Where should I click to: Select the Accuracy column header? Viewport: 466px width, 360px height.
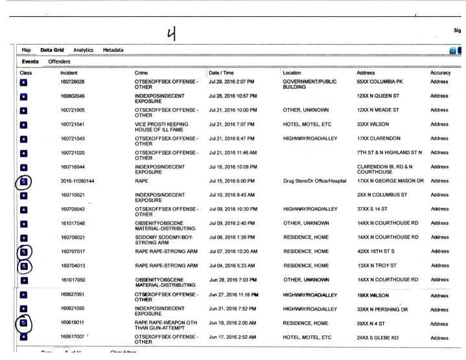441,73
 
